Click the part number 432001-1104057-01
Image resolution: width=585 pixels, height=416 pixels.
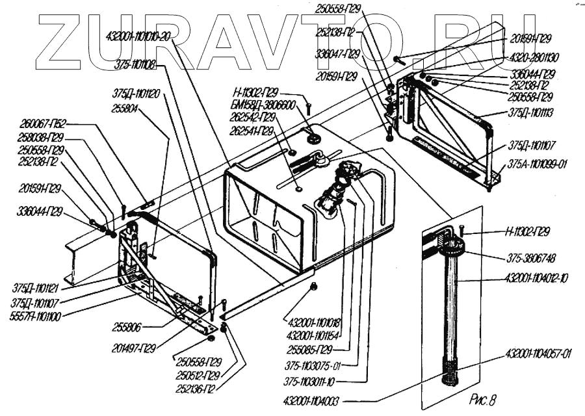tap(538, 354)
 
